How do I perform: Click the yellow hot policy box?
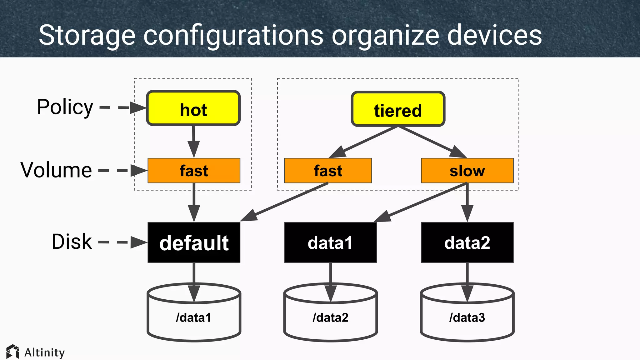(x=193, y=108)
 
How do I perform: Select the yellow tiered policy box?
(x=398, y=109)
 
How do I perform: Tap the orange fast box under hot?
(x=194, y=171)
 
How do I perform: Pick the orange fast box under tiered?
(x=328, y=171)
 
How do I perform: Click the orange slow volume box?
(x=467, y=171)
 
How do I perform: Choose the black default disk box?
(x=194, y=242)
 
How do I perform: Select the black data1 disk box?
(x=330, y=242)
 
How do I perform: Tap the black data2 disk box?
(x=467, y=242)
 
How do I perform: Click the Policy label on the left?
(x=65, y=107)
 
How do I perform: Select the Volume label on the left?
(x=56, y=170)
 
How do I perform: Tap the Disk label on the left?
(x=72, y=242)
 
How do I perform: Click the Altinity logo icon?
(x=12, y=352)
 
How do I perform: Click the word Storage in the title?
(x=87, y=35)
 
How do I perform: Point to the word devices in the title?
(x=494, y=35)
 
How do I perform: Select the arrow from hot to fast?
(x=193, y=142)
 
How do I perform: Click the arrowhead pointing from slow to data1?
(x=383, y=217)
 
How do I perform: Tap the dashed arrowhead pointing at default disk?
(x=138, y=242)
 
